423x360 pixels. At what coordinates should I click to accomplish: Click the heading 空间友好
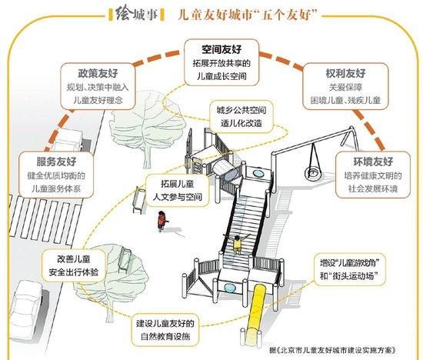[x=221, y=49]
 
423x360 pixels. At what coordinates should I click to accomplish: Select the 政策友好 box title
[x=98, y=73]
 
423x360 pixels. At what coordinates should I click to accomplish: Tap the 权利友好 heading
[x=345, y=73]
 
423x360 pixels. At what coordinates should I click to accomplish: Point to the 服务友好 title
[x=56, y=162]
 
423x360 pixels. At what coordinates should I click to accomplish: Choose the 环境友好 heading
[x=373, y=162]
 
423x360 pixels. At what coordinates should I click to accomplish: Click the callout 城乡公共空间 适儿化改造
[x=241, y=117]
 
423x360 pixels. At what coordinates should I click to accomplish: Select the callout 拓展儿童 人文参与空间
[x=177, y=190]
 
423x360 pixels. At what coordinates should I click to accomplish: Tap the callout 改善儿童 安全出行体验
[x=73, y=266]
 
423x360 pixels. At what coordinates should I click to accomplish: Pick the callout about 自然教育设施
[x=165, y=330]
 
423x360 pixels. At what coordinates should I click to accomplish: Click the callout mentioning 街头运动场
[x=350, y=269]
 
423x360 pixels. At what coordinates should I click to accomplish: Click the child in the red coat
[x=162, y=222]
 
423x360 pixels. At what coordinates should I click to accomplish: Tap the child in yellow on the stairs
[x=237, y=243]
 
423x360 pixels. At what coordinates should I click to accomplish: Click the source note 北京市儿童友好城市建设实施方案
[x=334, y=351]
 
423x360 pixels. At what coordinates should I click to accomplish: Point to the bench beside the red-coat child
[x=139, y=200]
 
